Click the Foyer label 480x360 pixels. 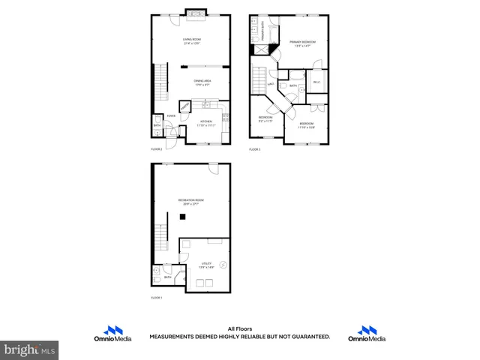171,115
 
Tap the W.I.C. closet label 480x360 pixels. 316,82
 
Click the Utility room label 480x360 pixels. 206,263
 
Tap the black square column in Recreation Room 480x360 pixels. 182,217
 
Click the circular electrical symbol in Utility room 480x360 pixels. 223,265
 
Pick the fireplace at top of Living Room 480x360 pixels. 193,13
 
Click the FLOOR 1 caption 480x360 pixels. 157,298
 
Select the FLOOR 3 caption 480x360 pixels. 255,149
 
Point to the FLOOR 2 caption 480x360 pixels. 157,149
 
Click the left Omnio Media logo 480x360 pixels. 112,334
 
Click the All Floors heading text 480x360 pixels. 239,328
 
